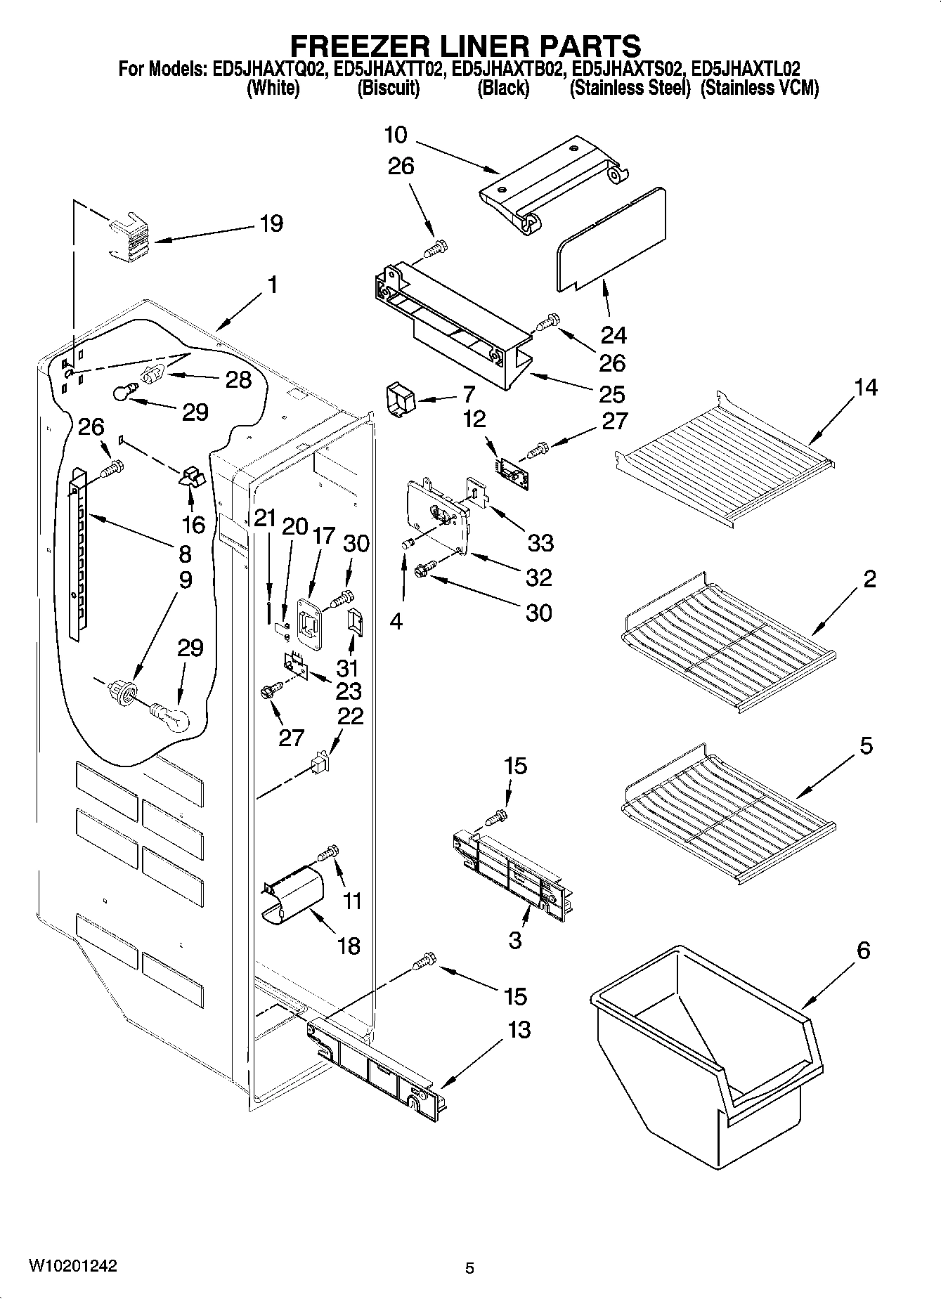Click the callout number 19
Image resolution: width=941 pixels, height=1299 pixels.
[x=271, y=223]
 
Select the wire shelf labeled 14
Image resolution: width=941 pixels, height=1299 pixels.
[x=724, y=457]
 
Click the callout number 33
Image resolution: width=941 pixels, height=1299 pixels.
[x=540, y=542]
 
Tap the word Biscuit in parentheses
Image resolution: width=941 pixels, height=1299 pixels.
[x=388, y=89]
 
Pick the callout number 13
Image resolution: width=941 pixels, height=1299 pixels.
[x=519, y=1030]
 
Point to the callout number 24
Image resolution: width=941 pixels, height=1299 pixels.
[x=613, y=335]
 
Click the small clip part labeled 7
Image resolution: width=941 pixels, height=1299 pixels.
[x=401, y=400]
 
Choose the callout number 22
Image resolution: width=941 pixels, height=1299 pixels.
[x=351, y=717]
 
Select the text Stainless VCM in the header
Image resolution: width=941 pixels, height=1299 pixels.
[x=760, y=89]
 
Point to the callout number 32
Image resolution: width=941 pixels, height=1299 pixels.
[x=538, y=577]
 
